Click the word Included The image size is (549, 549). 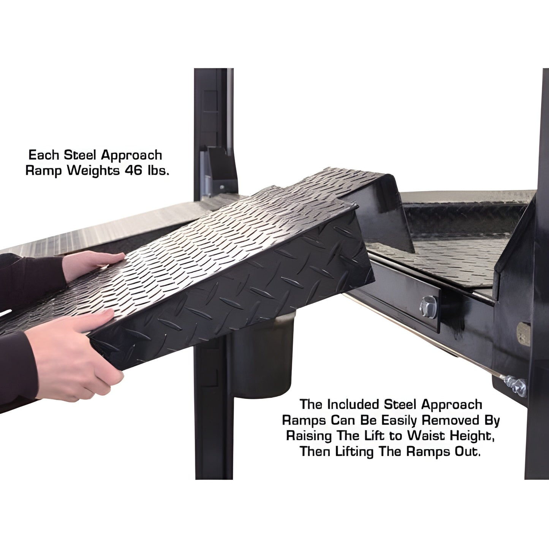coord(353,404)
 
